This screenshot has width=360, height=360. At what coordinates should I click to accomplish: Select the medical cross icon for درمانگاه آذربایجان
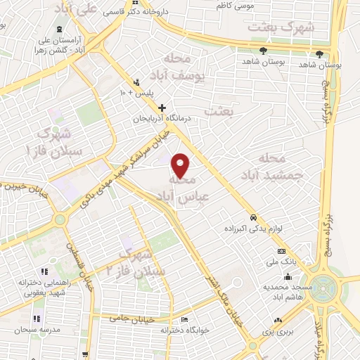click(162, 108)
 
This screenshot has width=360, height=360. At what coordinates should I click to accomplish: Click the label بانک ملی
click(278, 262)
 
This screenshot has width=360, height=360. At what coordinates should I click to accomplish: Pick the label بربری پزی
click(276, 330)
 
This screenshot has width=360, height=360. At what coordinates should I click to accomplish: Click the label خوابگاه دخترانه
click(165, 330)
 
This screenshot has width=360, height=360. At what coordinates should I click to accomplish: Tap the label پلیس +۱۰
click(140, 92)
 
